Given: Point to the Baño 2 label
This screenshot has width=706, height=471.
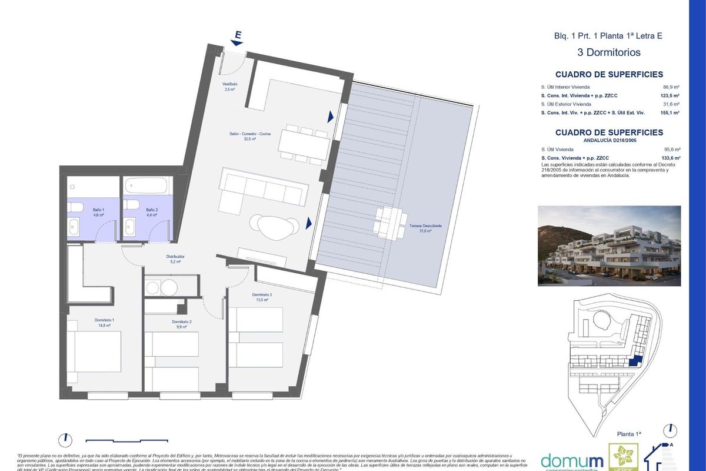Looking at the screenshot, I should coord(152,213).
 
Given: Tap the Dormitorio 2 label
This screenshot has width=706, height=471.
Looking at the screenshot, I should coord(182,324).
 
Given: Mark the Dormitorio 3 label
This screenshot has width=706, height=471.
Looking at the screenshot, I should coord(262,297).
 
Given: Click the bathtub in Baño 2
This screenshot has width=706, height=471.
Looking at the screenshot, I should coord(146,186).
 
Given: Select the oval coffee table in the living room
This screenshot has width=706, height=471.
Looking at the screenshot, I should coord(274,224).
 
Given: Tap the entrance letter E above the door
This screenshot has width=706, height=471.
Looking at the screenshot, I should coord(238,35).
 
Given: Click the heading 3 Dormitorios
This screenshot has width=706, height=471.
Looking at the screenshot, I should coord(609,52).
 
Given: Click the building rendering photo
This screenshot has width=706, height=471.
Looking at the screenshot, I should coord(609,246).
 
